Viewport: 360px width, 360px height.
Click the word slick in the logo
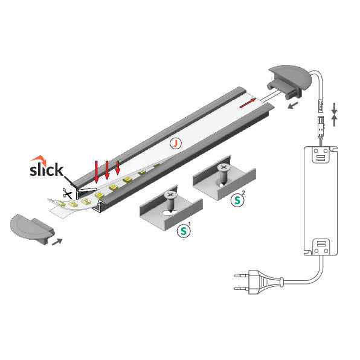47,170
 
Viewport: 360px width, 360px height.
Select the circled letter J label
175,143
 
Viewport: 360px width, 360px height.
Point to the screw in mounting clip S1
171,200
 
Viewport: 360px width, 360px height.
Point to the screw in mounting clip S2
224,172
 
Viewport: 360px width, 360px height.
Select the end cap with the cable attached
286,81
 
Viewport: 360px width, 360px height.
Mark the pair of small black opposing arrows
336,113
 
